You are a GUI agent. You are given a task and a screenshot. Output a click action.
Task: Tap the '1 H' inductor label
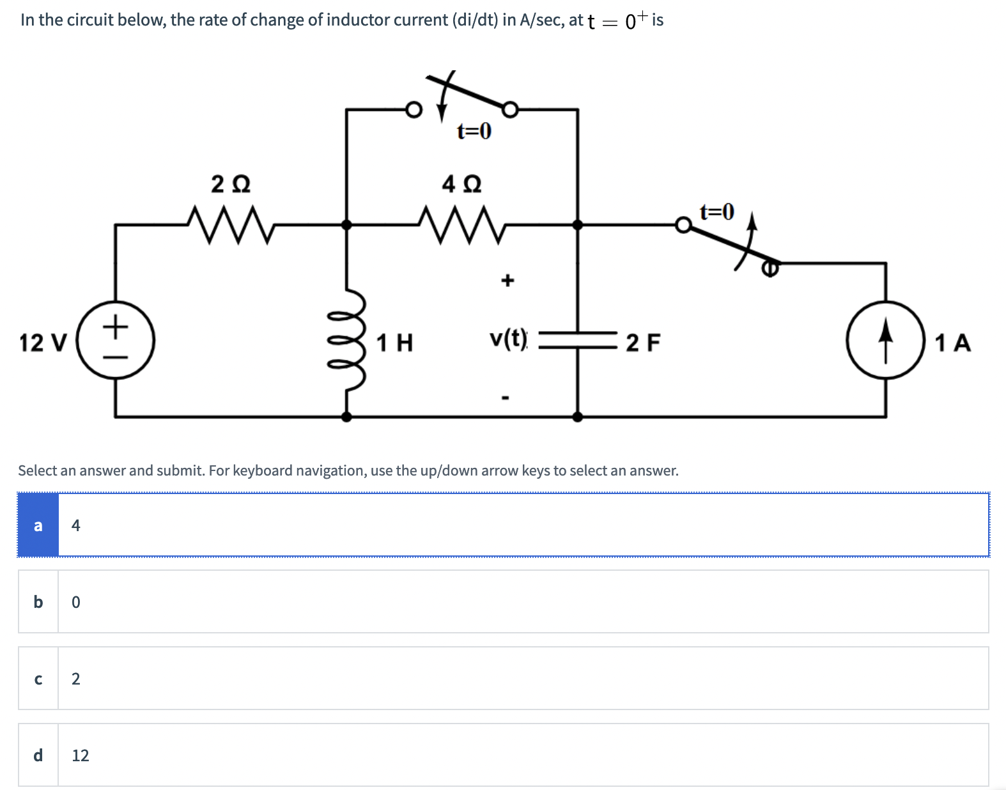point(394,343)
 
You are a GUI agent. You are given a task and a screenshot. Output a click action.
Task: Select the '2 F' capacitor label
point(643,343)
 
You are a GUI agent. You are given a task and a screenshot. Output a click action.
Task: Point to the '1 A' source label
point(952,343)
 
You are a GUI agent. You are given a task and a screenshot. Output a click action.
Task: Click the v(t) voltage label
point(509,338)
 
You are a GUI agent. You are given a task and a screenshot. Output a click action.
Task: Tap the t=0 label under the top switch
point(474,132)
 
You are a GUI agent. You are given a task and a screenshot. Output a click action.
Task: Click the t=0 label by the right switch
point(716,211)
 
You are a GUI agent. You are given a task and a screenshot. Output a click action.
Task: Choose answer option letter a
point(38,525)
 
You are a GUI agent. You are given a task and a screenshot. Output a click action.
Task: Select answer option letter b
point(38,602)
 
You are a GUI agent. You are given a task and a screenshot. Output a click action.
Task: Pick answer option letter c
point(38,679)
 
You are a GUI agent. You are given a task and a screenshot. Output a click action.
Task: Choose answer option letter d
point(38,755)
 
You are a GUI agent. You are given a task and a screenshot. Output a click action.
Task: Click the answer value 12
point(81,755)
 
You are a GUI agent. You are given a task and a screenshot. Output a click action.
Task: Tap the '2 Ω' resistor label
point(231,185)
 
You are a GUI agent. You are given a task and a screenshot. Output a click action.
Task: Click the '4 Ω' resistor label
point(461,185)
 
